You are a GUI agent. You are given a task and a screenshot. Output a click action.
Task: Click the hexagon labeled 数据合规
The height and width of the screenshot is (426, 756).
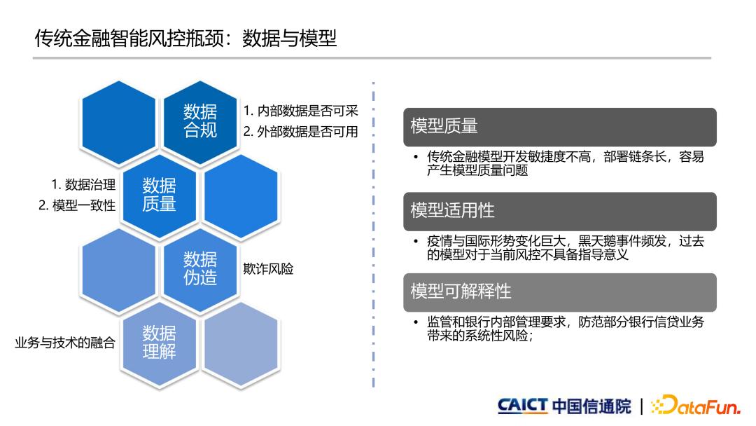pos(200,122)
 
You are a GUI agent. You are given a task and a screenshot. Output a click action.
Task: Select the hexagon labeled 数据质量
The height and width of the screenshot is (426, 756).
pos(159,195)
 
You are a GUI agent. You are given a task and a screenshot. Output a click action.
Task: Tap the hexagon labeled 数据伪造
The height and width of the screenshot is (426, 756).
pos(200,269)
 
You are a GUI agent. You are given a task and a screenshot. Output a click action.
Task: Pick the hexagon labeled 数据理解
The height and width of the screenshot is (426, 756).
pos(159,343)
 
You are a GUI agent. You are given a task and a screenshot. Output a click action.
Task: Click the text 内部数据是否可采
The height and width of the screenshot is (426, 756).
pos(307,111)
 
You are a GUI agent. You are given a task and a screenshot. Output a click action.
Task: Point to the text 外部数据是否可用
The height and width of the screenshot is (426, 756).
pos(307,132)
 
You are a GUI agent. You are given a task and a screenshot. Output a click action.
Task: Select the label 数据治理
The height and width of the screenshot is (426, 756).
pos(90,185)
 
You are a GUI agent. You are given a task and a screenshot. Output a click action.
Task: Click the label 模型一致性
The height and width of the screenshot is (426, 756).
pos(84,205)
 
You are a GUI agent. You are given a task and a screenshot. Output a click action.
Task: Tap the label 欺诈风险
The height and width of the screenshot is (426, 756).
pos(268,269)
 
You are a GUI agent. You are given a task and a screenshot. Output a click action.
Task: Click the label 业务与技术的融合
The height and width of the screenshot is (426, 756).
pos(65,343)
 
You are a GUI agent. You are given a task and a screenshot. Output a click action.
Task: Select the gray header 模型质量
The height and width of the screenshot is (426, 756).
pos(560,127)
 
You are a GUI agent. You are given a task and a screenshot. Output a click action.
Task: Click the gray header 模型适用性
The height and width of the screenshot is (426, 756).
pos(560,212)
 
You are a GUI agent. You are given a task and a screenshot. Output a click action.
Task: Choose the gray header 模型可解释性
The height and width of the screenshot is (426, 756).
pos(560,292)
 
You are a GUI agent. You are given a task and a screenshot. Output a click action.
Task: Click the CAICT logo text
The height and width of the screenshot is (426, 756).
pos(523,405)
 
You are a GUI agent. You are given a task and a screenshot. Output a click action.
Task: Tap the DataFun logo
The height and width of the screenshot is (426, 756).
pos(696,405)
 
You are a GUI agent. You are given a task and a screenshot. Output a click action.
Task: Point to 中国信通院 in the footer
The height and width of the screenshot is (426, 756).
pos(591,406)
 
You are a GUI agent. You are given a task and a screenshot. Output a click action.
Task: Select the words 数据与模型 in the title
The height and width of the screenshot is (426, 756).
pos(289,39)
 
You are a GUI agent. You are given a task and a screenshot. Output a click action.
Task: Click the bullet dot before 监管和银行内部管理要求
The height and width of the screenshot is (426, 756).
pos(416,322)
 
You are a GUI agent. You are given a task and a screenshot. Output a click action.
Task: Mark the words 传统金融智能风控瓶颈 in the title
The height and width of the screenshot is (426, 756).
pos(129,39)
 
